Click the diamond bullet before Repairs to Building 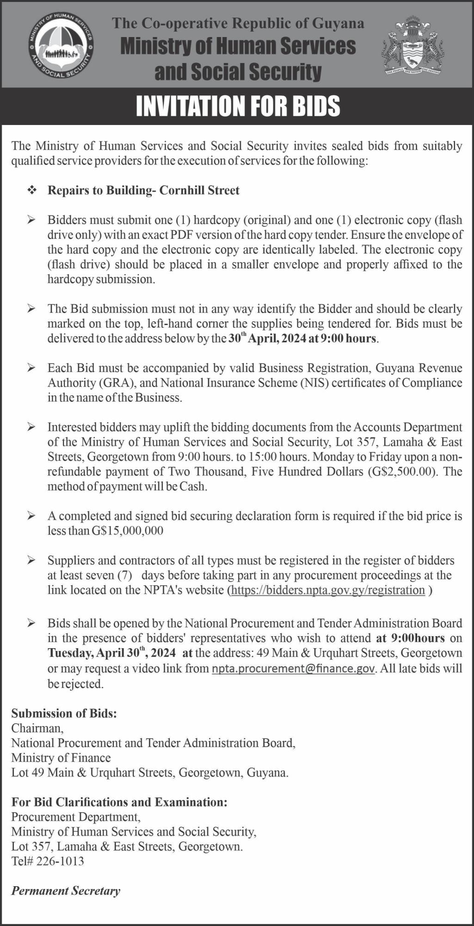click(x=32, y=190)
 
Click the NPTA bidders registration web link click(x=327, y=590)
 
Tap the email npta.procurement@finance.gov click(x=293, y=668)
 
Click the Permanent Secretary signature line click(x=66, y=891)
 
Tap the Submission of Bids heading click(x=64, y=713)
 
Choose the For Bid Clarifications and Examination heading click(x=119, y=802)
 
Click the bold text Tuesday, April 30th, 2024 click(x=111, y=653)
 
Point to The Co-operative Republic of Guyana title click(x=238, y=23)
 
